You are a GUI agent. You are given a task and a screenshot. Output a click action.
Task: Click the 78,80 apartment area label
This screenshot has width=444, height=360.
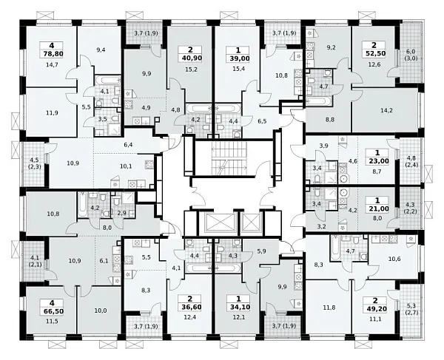coord(52,54)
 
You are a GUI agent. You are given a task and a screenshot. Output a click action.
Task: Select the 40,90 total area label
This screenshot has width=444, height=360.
coord(189,58)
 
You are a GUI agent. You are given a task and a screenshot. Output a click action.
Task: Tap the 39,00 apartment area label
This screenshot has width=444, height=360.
coord(238,58)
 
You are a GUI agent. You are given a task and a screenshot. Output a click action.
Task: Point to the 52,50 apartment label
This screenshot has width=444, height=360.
coord(374,53)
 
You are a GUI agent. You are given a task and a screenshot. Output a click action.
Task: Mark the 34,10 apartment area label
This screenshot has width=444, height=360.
coord(238,307)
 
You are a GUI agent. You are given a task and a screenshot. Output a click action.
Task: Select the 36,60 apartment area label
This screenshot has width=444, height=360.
coord(189,307)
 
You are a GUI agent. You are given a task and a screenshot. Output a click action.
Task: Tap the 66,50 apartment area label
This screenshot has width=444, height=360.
coord(52,311)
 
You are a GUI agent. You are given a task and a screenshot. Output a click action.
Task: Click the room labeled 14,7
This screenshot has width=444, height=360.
coord(52,65)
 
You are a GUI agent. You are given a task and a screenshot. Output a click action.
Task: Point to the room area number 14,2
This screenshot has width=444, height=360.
coord(386,111)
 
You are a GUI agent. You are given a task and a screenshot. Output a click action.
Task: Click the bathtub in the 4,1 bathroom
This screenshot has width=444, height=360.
coord(107,79)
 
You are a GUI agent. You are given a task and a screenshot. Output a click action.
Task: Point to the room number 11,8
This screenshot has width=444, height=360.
coord(329,308)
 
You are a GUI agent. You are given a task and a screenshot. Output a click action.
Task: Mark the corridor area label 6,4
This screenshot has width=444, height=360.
coord(128,145)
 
